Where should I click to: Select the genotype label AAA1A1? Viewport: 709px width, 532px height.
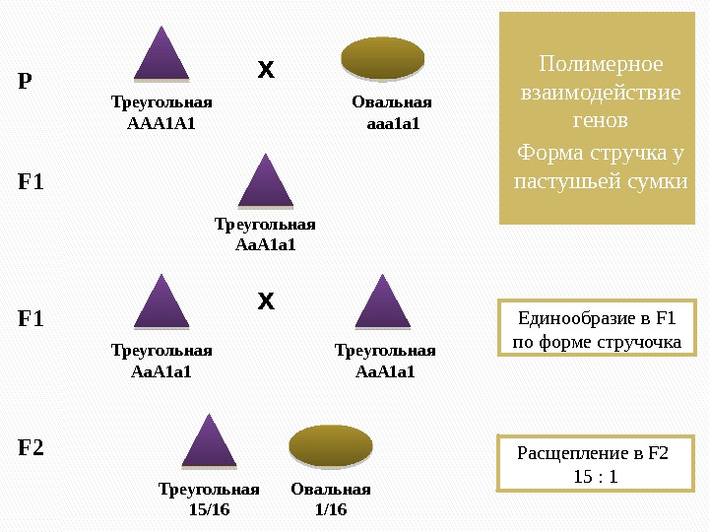coord(162,123)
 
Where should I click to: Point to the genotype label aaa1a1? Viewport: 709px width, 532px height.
coord(392,123)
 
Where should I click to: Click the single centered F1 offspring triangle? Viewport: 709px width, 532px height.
coord(266,183)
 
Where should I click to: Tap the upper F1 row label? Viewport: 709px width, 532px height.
coord(32,182)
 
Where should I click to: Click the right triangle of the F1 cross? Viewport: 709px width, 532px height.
coord(383,303)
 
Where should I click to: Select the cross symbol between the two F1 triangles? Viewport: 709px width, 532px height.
coord(266,300)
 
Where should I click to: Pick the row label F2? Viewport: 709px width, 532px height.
coord(32,448)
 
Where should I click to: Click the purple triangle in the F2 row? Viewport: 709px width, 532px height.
coord(209,443)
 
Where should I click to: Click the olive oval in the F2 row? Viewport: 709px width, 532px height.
coord(331,446)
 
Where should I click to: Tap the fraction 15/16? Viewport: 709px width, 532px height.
coord(209,509)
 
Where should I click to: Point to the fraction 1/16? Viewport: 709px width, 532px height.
coord(331,509)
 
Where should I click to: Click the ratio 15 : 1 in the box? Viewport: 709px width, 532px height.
coord(594,477)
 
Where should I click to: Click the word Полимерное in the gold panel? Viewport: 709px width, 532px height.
coord(601,64)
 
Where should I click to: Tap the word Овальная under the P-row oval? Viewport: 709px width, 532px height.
coord(392,102)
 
